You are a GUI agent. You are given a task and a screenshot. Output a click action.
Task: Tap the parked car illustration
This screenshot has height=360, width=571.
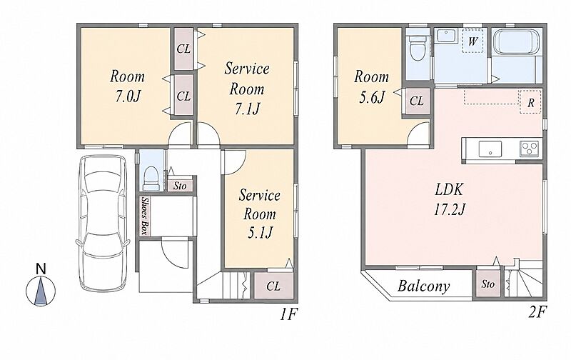click(x=102, y=223)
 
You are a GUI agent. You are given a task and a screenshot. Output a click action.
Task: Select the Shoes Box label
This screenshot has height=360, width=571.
click(x=145, y=216)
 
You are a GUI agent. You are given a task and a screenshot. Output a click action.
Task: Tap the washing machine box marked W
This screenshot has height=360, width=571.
click(x=473, y=41)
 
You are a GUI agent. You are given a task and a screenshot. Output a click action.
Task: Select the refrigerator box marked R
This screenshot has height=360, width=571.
click(x=530, y=102)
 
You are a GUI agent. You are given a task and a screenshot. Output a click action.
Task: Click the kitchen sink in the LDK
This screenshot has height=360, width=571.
click(x=490, y=149)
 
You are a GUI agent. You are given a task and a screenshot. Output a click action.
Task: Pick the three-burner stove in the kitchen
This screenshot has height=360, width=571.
click(x=530, y=149)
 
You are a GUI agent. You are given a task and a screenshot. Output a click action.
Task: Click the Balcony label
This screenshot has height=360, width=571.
click(x=423, y=286)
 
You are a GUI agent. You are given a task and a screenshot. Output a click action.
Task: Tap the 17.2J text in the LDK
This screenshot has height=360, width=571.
click(x=449, y=209)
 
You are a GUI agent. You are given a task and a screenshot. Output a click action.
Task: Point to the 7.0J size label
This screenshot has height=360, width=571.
click(x=128, y=96)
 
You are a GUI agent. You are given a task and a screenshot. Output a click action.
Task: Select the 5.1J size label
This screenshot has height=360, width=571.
click(x=260, y=233)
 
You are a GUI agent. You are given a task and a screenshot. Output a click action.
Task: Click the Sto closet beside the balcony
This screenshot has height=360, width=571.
click(x=488, y=284)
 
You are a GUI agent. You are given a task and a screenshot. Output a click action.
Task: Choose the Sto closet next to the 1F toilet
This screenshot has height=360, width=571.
click(x=180, y=186)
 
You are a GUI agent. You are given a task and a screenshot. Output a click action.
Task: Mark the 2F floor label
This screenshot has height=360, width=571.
click(x=537, y=312)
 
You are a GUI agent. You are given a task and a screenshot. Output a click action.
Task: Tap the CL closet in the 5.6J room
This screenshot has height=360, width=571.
click(x=417, y=101)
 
